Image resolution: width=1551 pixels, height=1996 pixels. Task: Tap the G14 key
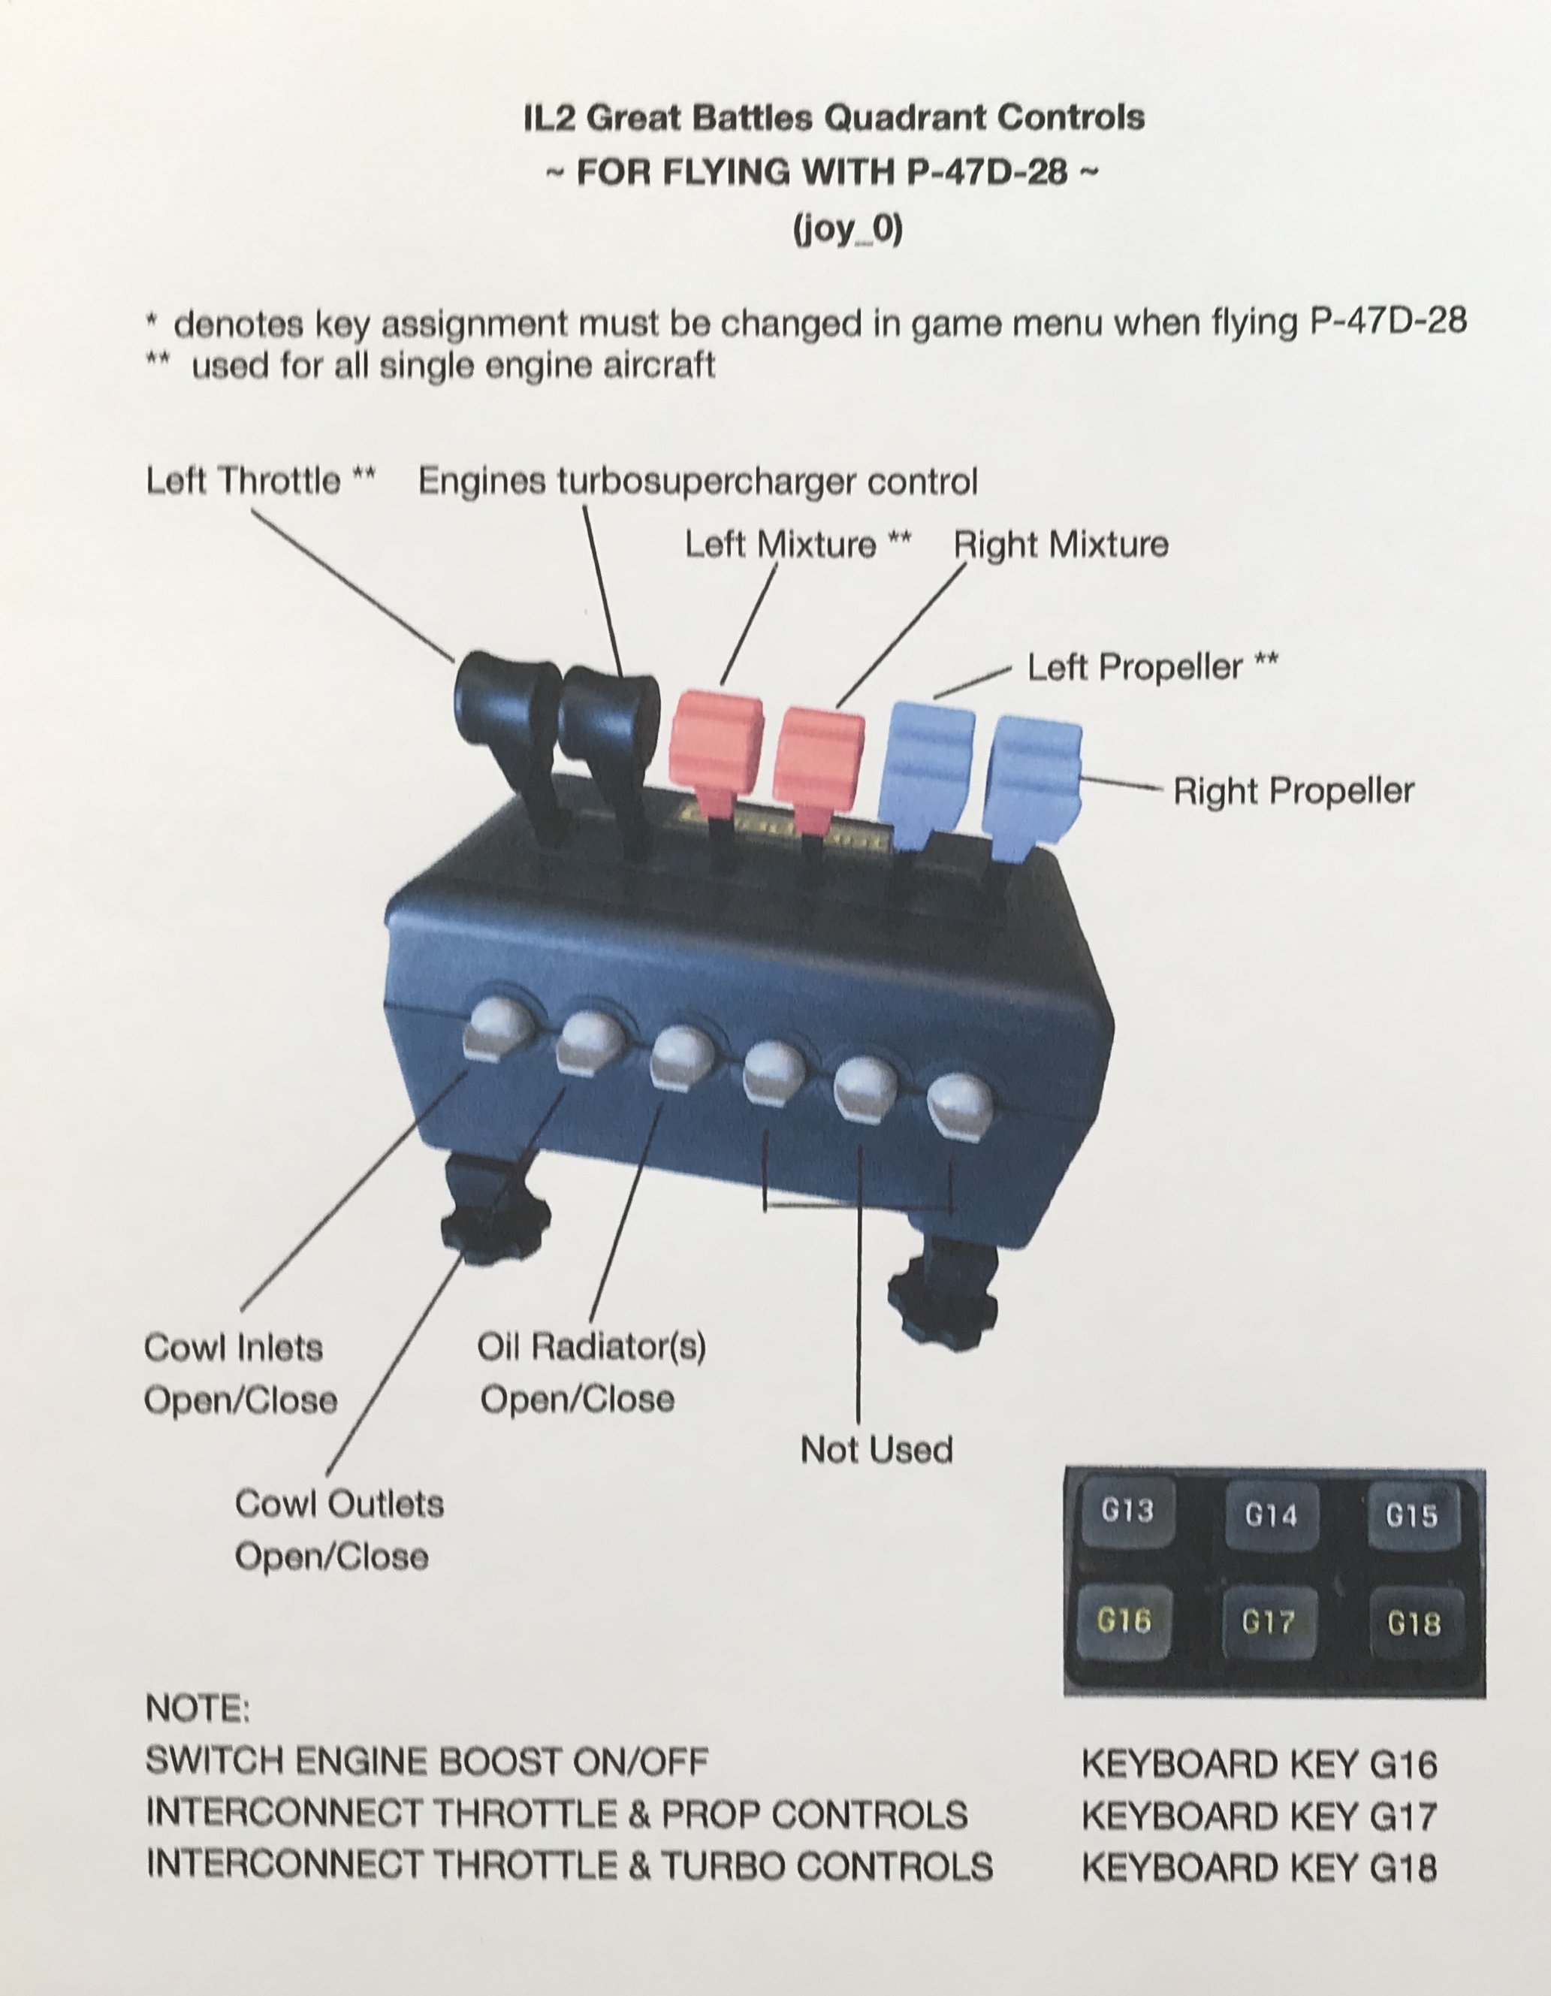[1269, 1516]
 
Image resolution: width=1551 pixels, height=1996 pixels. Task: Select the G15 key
[1411, 1516]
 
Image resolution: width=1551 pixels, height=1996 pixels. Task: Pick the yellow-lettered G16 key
[1124, 1621]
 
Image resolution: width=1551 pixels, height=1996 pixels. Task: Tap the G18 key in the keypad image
[1413, 1624]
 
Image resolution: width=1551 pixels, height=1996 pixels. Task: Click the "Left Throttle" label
[243, 481]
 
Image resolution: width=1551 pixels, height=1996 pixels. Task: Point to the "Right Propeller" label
[1293, 790]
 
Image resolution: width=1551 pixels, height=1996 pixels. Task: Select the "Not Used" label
[877, 1449]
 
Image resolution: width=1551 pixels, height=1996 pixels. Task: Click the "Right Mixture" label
[1061, 545]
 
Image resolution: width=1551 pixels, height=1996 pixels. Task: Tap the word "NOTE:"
[198, 1709]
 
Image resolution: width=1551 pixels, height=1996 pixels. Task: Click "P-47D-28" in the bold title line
[988, 172]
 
